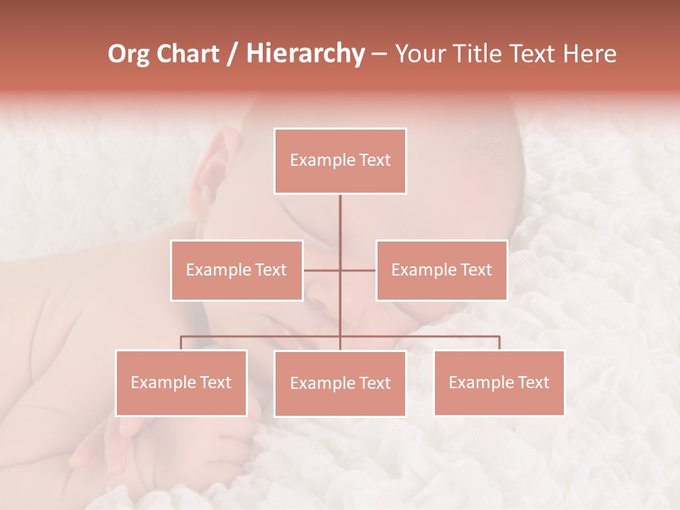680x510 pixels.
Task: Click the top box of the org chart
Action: point(340,161)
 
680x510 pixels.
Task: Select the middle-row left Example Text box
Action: point(237,270)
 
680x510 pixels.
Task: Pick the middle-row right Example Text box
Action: point(441,270)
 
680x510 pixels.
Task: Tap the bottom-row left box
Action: point(181,382)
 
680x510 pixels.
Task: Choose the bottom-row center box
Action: point(340,383)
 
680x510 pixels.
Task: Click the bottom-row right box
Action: point(499,382)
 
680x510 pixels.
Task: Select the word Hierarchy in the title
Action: point(305,54)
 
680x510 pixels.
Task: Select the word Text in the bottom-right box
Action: point(534,382)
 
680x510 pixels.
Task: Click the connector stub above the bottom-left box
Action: point(181,343)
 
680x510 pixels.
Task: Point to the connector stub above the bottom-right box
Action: point(499,343)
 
